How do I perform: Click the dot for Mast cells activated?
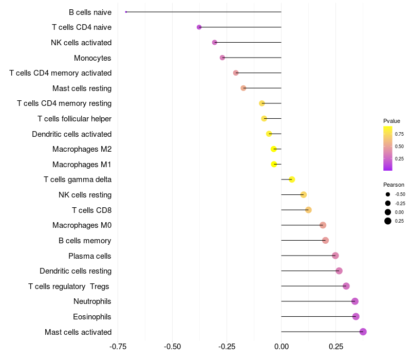coord(363,332)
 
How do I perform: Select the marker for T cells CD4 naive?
coord(199,27)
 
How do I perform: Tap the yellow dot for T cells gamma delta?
coord(292,179)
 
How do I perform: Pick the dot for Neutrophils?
coord(355,301)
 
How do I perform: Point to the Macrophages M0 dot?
coord(323,225)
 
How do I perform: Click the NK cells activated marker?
coord(215,42)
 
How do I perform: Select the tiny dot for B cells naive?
coord(126,12)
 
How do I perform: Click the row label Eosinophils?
coord(92,317)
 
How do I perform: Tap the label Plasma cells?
coord(90,256)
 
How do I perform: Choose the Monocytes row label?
coord(92,58)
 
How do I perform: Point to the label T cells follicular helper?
coord(74,119)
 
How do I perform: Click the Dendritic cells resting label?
coord(76,271)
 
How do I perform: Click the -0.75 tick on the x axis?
coord(119,347)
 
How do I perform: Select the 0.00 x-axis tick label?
coord(281,347)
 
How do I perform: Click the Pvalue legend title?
coord(391,121)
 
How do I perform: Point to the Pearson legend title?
coord(394,185)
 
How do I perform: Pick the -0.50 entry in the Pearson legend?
coord(400,194)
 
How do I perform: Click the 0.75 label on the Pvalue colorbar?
coord(399,134)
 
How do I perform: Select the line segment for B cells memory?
coord(303,240)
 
